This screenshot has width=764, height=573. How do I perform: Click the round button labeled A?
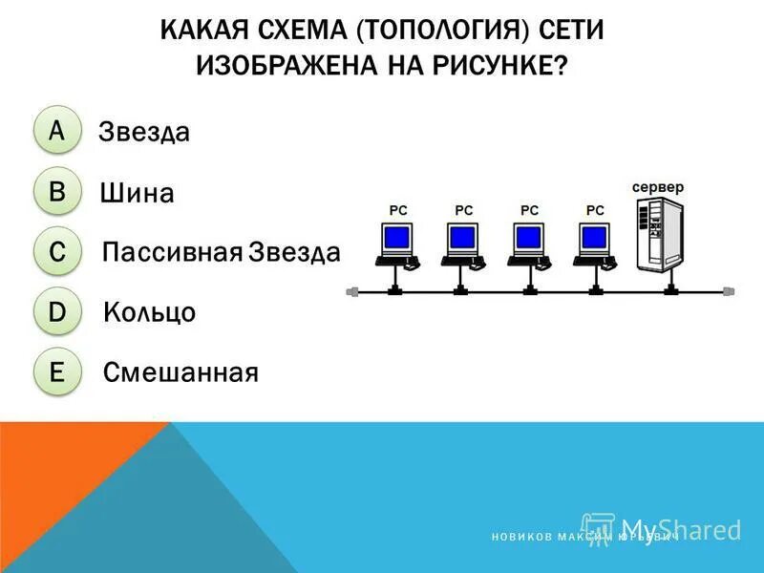57,131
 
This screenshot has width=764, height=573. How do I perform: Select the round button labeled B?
57,192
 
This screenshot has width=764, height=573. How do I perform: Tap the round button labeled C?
57,252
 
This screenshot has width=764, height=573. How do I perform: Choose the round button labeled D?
57,311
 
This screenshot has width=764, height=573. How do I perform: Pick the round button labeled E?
57,371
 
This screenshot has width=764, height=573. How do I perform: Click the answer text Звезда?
144,133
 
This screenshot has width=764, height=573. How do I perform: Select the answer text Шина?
137,194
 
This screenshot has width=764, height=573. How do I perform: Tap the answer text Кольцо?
150,312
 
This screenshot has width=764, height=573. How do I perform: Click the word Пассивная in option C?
173,253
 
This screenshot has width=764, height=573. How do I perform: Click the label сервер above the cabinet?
658,187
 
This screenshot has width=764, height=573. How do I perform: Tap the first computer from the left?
395,244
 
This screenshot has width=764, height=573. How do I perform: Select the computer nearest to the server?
594,244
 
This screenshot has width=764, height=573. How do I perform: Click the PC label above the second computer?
464,210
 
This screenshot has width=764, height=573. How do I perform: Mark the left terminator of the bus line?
351,291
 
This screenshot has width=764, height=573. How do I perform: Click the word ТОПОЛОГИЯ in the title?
442,31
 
